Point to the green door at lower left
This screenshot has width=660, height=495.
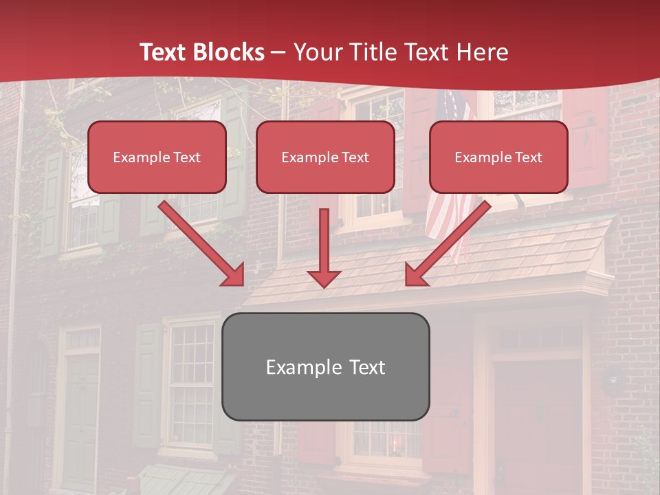(x=81, y=419)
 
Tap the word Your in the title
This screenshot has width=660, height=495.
(x=316, y=52)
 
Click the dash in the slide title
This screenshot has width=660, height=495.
(x=278, y=52)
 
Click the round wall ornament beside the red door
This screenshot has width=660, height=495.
(x=614, y=379)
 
